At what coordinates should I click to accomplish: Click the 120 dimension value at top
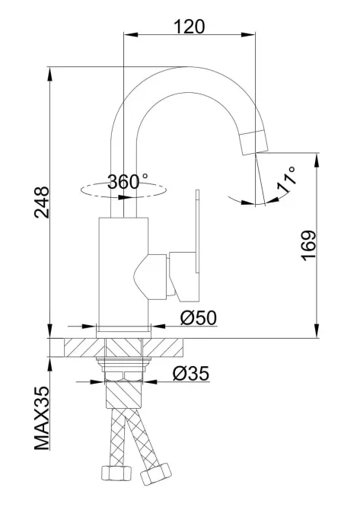click(189, 27)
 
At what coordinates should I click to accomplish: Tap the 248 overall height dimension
click(42, 202)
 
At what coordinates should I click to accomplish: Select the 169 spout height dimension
click(308, 245)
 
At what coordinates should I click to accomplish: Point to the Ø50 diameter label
click(199, 317)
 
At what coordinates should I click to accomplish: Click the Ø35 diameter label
click(191, 373)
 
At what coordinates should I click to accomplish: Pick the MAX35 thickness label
click(42, 418)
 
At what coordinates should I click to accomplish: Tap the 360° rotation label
click(127, 181)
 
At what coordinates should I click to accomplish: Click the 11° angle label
click(286, 179)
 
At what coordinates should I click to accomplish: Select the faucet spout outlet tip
click(254, 142)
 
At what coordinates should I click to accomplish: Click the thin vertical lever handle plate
click(197, 231)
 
